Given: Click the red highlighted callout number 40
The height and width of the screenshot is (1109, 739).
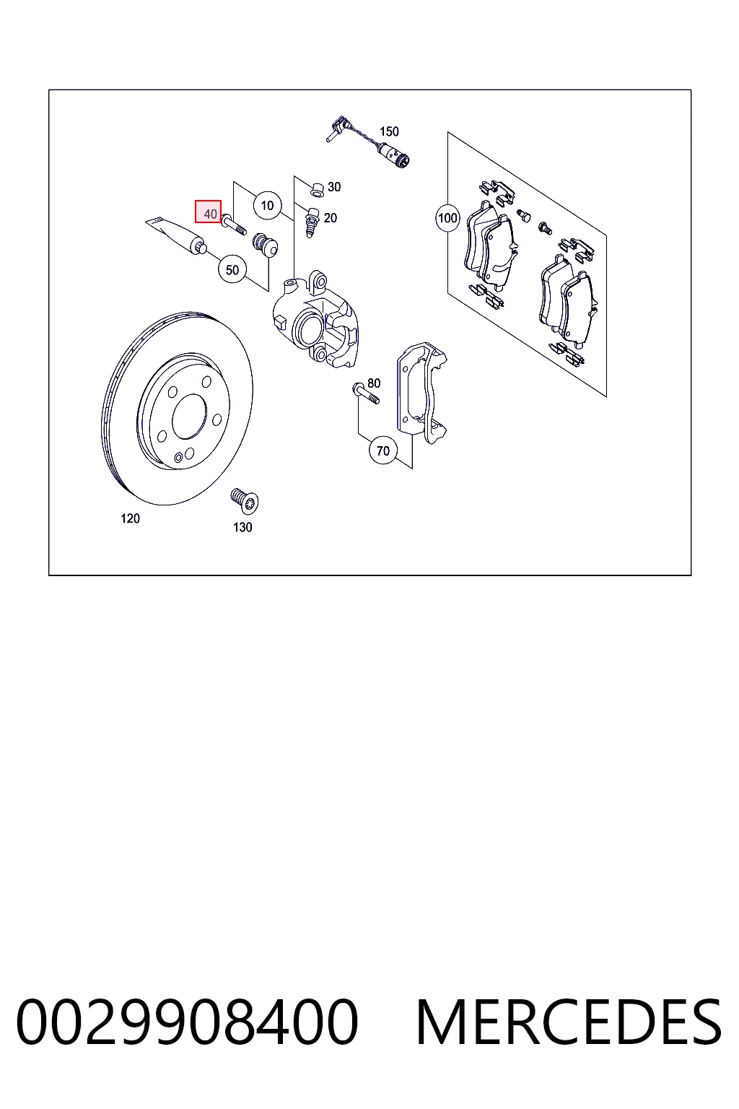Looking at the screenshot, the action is [209, 212].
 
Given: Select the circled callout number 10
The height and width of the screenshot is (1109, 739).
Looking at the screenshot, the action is [267, 206].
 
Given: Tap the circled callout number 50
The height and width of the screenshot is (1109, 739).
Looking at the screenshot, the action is [232, 270].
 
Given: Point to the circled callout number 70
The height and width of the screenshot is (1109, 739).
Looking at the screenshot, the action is [383, 451].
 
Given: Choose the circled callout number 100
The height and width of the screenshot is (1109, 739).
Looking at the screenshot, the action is [447, 218].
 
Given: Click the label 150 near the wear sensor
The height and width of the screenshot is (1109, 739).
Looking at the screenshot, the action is [389, 131].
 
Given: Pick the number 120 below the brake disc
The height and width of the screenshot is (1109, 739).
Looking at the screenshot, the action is [130, 518].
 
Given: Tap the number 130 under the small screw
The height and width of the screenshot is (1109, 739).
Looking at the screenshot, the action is [242, 527].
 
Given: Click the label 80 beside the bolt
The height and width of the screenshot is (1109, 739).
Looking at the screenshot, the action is [374, 383].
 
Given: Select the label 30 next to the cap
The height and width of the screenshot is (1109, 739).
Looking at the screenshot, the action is [334, 187].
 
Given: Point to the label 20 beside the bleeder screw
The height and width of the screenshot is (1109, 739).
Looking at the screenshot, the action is [330, 218].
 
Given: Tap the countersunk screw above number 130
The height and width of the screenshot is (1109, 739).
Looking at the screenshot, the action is [245, 500].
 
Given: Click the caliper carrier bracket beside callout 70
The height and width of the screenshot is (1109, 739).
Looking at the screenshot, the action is [421, 392].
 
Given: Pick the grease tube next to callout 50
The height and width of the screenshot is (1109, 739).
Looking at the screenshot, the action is [177, 234].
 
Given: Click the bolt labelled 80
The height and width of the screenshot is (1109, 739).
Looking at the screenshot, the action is [367, 393].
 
